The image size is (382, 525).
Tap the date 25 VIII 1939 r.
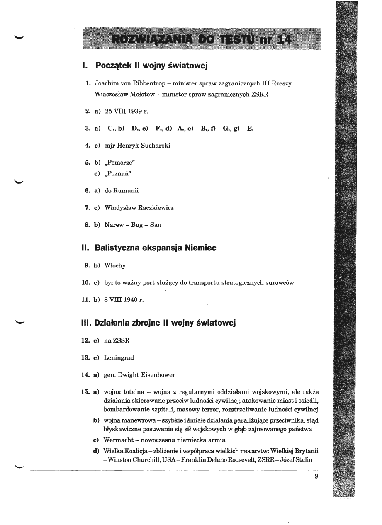coord(122,111)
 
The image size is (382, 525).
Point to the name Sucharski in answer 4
coord(156,146)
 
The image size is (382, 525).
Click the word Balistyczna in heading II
coord(118,248)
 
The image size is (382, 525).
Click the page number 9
coord(316,476)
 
